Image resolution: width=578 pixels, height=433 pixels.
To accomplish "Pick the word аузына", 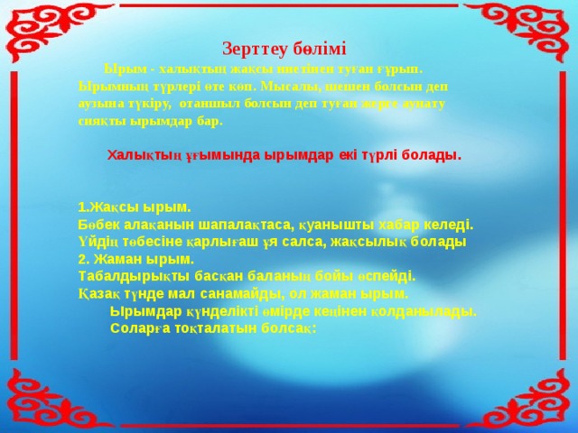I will (x=98, y=104).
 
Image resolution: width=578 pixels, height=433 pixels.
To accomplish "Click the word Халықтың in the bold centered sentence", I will (x=139, y=155).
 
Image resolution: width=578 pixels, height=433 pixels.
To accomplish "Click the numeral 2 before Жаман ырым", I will (x=82, y=259).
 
